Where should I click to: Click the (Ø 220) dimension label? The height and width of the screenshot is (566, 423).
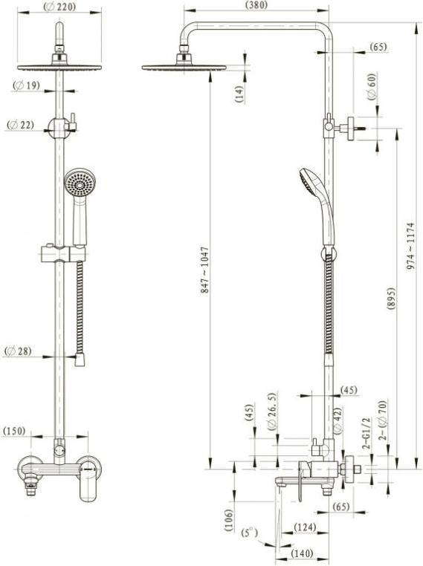pyautogui.click(x=59, y=6)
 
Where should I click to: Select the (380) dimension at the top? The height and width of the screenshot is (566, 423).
pyautogui.click(x=256, y=4)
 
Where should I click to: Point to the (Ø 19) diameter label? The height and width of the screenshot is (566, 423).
pyautogui.click(x=26, y=85)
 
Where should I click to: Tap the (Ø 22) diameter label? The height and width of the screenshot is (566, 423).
pyautogui.click(x=21, y=125)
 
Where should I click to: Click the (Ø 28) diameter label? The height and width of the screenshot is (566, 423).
pyautogui.click(x=18, y=351)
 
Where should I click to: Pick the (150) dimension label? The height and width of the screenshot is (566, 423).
pyautogui.click(x=14, y=431)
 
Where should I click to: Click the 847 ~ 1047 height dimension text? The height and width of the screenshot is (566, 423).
pyautogui.click(x=205, y=270)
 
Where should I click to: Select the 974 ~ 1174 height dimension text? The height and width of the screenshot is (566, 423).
pyautogui.click(x=410, y=246)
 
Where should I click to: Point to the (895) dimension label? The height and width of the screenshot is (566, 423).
pyautogui.click(x=391, y=299)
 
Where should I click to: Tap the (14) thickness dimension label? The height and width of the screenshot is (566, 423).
pyautogui.click(x=239, y=94)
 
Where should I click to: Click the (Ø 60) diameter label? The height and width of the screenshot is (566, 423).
pyautogui.click(x=372, y=87)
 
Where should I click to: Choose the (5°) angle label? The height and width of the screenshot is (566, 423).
pyautogui.click(x=250, y=533)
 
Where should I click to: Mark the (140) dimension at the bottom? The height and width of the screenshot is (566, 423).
pyautogui.click(x=302, y=553)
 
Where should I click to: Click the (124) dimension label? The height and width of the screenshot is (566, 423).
pyautogui.click(x=305, y=527)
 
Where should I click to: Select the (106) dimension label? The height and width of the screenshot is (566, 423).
pyautogui.click(x=228, y=519)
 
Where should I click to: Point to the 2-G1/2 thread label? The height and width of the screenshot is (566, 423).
pyautogui.click(x=367, y=433)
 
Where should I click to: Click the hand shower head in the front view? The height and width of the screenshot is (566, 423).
pyautogui.click(x=80, y=182)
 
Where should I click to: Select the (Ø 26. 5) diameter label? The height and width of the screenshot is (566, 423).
pyautogui.click(x=272, y=411)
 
